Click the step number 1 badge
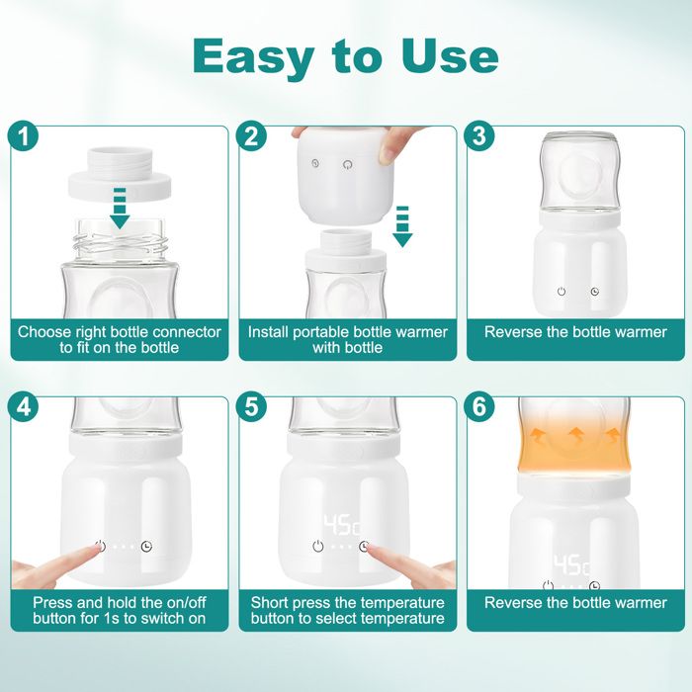click(x=24, y=136)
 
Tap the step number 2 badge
click(x=251, y=136)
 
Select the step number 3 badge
click(x=479, y=136)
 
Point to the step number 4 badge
click(x=24, y=406)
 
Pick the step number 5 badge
click(x=251, y=406)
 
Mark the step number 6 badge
click(x=479, y=406)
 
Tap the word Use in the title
click(x=449, y=57)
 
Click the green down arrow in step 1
click(x=120, y=208)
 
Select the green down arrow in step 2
click(x=402, y=226)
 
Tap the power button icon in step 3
click(x=562, y=292)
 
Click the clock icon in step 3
click(x=595, y=292)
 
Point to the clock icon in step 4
click(x=146, y=547)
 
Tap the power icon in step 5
click(x=318, y=547)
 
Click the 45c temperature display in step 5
click(x=342, y=524)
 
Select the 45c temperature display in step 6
click(x=572, y=565)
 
